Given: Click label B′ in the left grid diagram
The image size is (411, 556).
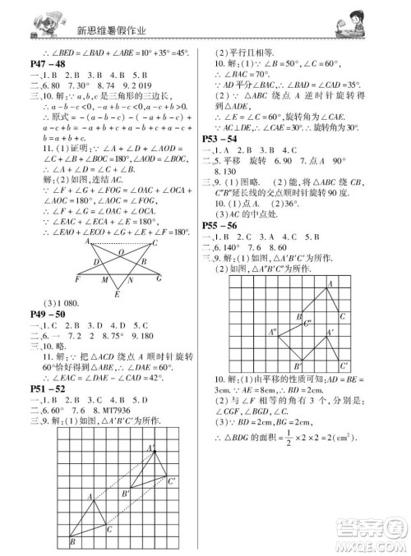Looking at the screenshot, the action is point(125,494).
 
